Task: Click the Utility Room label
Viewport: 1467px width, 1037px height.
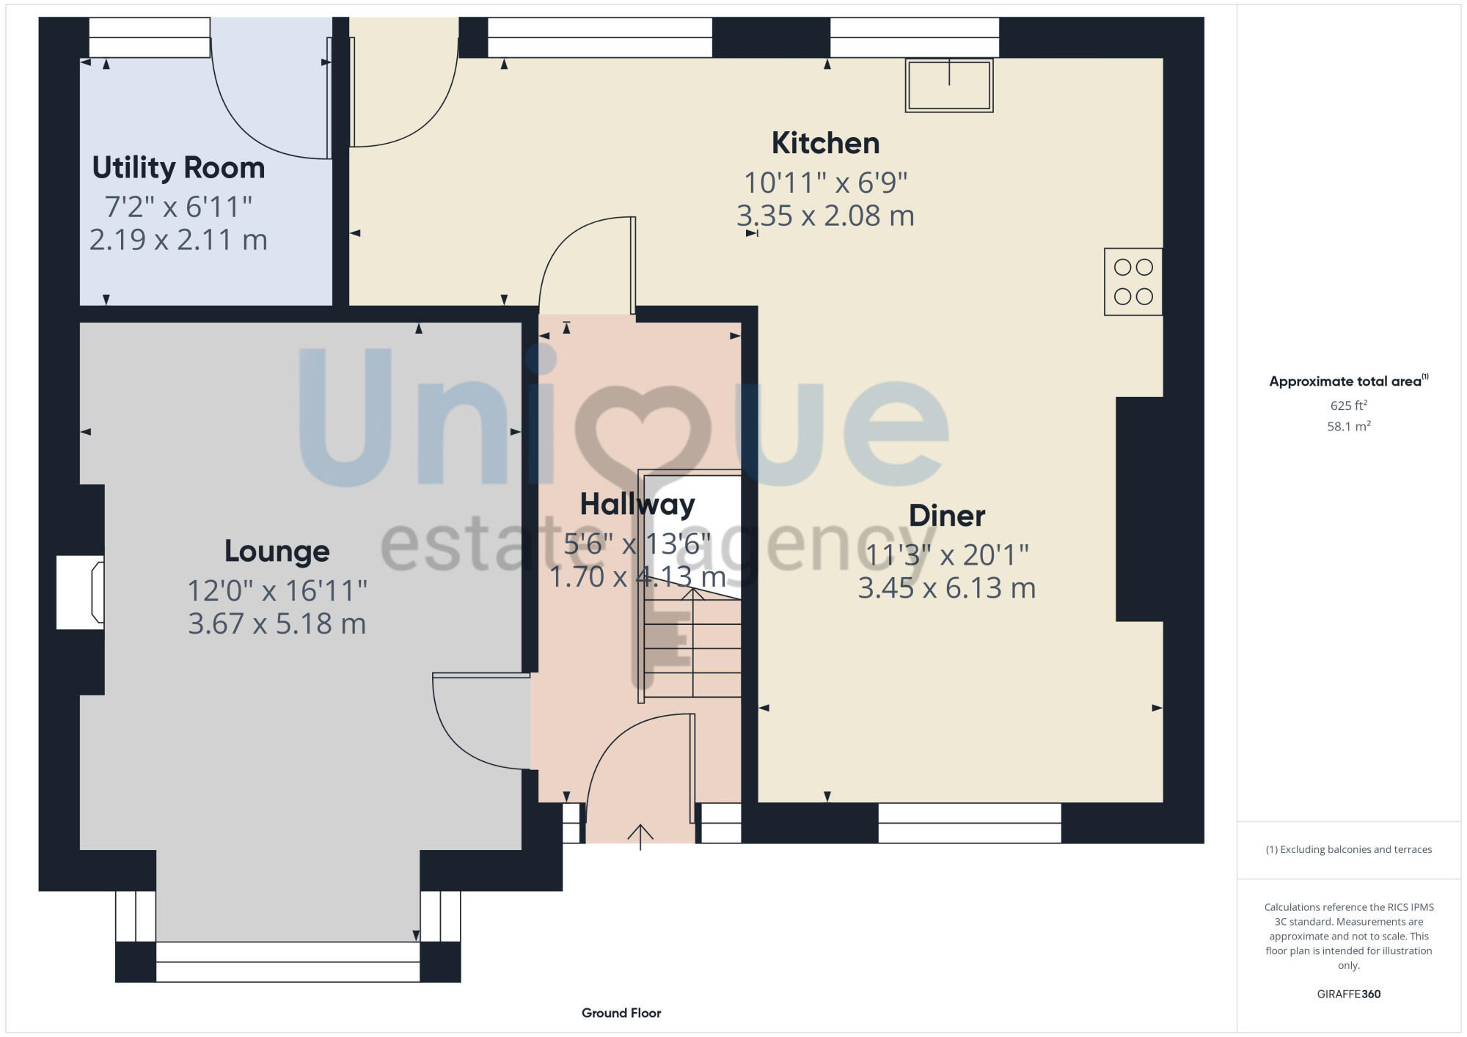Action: tap(178, 168)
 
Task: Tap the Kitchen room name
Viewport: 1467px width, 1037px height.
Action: tap(825, 143)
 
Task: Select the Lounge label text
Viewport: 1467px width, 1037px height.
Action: tap(277, 551)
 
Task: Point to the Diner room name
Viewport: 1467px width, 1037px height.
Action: tap(946, 516)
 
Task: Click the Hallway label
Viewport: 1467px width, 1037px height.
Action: tap(637, 505)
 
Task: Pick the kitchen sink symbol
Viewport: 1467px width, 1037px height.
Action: tap(949, 85)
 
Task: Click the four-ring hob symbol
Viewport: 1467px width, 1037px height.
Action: tap(1133, 282)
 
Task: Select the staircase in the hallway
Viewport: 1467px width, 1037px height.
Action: tap(692, 645)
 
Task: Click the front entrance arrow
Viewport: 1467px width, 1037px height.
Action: tap(640, 836)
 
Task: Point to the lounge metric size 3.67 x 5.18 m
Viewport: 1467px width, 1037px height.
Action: tap(277, 623)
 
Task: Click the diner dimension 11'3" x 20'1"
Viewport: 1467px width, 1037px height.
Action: tap(946, 555)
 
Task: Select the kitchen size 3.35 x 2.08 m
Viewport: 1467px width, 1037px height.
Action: tap(825, 216)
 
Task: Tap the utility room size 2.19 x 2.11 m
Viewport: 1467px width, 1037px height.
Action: tap(178, 240)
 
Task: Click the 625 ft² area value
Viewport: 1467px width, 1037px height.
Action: tap(1348, 406)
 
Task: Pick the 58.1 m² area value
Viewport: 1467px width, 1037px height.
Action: tap(1348, 426)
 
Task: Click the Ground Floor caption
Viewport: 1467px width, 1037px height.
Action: tap(621, 1013)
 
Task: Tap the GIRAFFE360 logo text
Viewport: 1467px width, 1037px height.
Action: tap(1348, 994)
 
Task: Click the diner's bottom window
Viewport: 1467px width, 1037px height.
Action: tap(969, 823)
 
